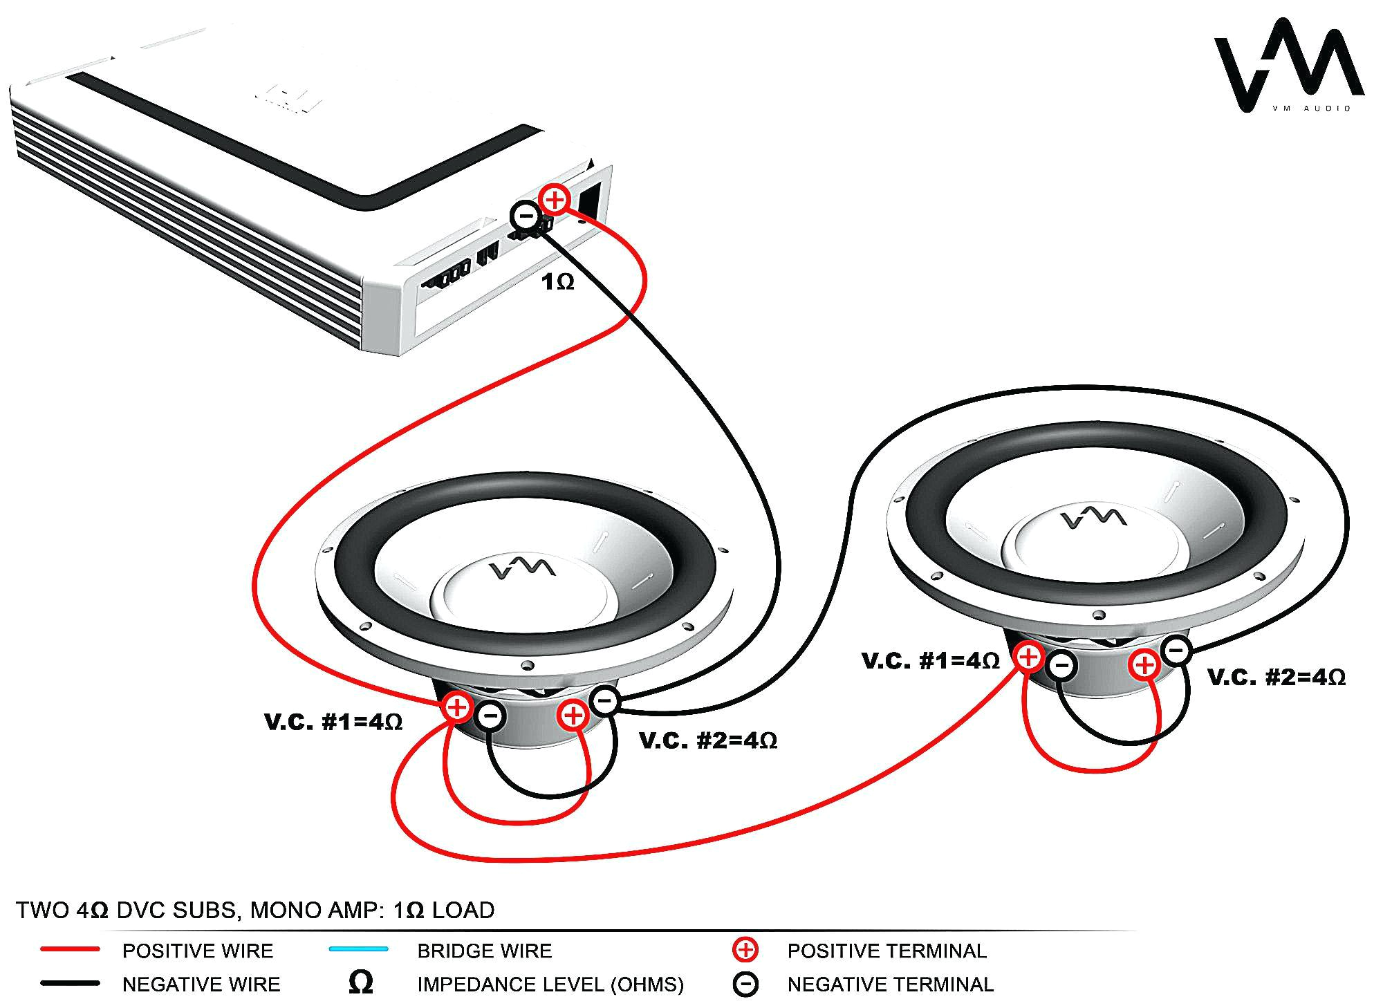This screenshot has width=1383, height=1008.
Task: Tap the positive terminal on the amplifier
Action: tap(555, 200)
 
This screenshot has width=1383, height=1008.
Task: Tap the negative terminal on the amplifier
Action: tap(526, 216)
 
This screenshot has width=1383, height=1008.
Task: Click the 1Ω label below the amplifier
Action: tap(557, 282)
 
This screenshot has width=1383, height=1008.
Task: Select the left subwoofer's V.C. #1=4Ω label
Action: tap(333, 722)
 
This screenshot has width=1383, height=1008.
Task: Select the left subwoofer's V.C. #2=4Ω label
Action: tap(708, 740)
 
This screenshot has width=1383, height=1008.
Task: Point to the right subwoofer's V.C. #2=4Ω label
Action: tap(1277, 677)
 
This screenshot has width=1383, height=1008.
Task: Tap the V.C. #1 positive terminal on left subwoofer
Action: tap(457, 707)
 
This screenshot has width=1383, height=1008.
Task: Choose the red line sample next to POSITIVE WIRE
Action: tap(70, 950)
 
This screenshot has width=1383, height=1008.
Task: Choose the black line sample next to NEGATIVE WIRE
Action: tap(70, 983)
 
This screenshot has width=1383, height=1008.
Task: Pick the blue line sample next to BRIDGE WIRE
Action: tap(358, 949)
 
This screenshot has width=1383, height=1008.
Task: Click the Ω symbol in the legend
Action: tap(361, 982)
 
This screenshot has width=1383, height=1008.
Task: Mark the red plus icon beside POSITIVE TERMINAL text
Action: tap(745, 950)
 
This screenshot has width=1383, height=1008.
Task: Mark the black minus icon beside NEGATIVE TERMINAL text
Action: tap(745, 984)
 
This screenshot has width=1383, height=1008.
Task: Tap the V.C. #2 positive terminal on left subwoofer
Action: tap(573, 714)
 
